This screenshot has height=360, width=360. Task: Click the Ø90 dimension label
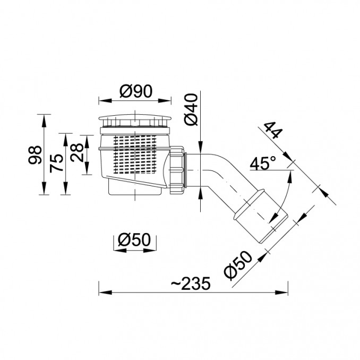point(136,91)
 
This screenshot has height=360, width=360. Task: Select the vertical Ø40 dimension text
point(192,110)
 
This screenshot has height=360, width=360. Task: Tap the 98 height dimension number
point(35,155)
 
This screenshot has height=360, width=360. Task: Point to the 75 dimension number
point(56,163)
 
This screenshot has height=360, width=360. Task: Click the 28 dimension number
point(77,152)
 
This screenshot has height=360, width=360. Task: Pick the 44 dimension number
point(273,130)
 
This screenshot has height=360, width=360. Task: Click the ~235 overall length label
point(191,284)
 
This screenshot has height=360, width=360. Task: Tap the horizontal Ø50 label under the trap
point(134,239)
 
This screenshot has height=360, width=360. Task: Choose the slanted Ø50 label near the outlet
point(238,265)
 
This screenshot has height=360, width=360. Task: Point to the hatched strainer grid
point(135,154)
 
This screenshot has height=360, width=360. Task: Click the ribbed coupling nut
point(177,170)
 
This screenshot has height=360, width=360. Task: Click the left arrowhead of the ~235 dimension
point(105,293)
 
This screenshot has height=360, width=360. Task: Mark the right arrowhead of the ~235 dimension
point(281,293)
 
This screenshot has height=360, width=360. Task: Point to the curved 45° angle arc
point(285,197)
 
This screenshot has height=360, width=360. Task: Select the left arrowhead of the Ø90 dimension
point(105,100)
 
